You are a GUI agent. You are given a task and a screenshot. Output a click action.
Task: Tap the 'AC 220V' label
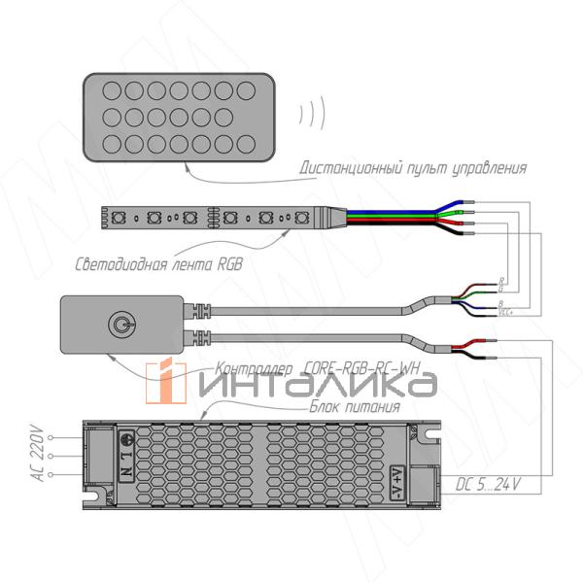38,453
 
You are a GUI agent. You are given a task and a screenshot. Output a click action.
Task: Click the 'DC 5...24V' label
489,483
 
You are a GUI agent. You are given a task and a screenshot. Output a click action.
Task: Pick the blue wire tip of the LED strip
463,204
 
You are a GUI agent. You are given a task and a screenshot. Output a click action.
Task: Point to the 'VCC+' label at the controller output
504,312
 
